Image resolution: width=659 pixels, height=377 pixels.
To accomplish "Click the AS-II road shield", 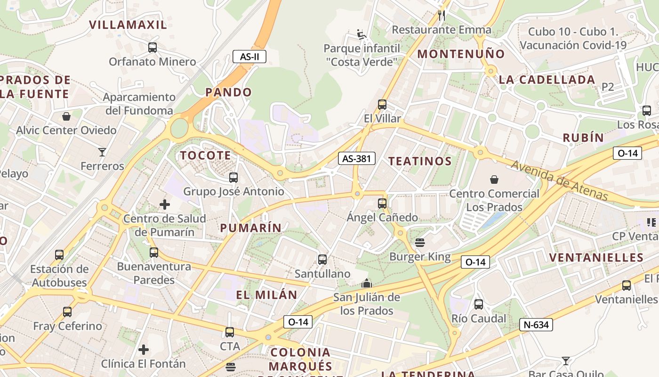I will tap(249, 57).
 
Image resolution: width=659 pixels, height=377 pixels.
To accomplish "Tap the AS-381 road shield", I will tap(356, 159).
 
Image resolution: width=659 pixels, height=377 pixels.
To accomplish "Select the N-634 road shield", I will tap(536, 325).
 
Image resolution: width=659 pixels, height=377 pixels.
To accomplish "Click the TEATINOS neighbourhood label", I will tap(420, 161).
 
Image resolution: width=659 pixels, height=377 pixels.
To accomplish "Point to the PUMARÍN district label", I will tap(251, 228).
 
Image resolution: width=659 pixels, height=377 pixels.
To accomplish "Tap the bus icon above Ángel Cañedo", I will tap(382, 204).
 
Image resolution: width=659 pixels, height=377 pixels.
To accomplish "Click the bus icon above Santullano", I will tap(322, 260).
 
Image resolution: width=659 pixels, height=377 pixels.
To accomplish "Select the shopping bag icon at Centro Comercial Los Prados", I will tap(494, 180).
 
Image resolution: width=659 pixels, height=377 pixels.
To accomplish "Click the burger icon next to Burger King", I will tap(420, 243).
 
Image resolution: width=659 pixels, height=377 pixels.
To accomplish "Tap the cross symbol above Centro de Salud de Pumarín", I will tap(165, 205).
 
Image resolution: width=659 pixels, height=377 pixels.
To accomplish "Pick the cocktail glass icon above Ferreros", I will tap(102, 152).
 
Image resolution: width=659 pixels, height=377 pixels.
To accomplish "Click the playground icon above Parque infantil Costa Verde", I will tap(362, 34).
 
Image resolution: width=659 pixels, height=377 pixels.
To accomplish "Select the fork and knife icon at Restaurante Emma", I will tap(442, 16).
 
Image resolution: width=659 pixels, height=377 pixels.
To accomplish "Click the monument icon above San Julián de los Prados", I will tap(367, 283).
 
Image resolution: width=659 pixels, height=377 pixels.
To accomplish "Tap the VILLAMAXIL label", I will tap(128, 25).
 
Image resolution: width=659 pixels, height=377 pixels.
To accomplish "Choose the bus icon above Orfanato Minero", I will tap(153, 48).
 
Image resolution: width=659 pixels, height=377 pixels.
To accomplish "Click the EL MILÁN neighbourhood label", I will tap(266, 295).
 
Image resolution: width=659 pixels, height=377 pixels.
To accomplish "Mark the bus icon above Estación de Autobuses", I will tap(59, 255).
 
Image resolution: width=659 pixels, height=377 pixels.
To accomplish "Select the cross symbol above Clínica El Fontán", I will tap(144, 350).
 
